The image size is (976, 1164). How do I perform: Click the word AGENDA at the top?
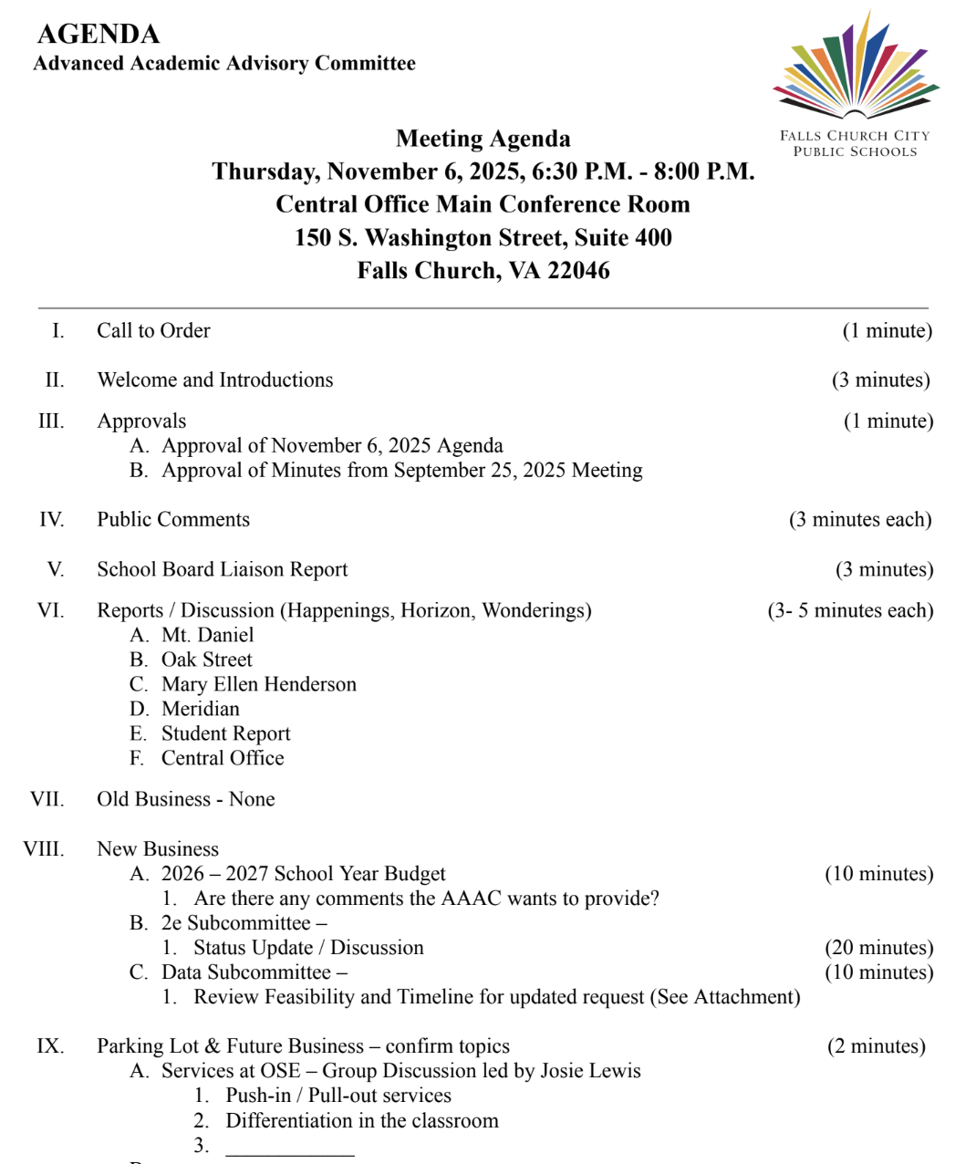pyautogui.click(x=99, y=35)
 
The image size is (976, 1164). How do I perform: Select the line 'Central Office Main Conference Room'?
pyautogui.click(x=483, y=204)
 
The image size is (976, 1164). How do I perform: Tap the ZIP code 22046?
pyautogui.click(x=578, y=271)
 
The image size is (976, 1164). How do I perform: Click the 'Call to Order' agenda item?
pyautogui.click(x=153, y=331)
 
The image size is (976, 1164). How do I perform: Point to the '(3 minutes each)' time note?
pyautogui.click(x=860, y=520)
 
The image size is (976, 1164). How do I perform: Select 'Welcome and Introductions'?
pyautogui.click(x=215, y=380)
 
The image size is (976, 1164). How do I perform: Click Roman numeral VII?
pyautogui.click(x=47, y=800)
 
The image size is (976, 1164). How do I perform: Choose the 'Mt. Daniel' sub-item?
pyautogui.click(x=207, y=636)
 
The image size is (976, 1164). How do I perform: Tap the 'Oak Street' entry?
pyautogui.click(x=206, y=660)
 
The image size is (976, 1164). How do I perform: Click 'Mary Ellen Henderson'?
pyautogui.click(x=259, y=685)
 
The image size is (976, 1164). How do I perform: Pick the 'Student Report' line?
pyautogui.click(x=225, y=734)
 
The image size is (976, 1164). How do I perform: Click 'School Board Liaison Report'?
pyautogui.click(x=223, y=570)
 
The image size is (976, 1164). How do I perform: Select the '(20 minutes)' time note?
pyautogui.click(x=878, y=949)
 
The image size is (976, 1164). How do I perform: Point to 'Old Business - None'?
pyautogui.click(x=186, y=800)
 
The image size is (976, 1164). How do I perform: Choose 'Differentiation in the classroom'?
pyautogui.click(x=362, y=1121)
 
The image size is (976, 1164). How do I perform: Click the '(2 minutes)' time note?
pyautogui.click(x=876, y=1046)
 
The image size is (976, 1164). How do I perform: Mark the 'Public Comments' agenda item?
pyautogui.click(x=173, y=520)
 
